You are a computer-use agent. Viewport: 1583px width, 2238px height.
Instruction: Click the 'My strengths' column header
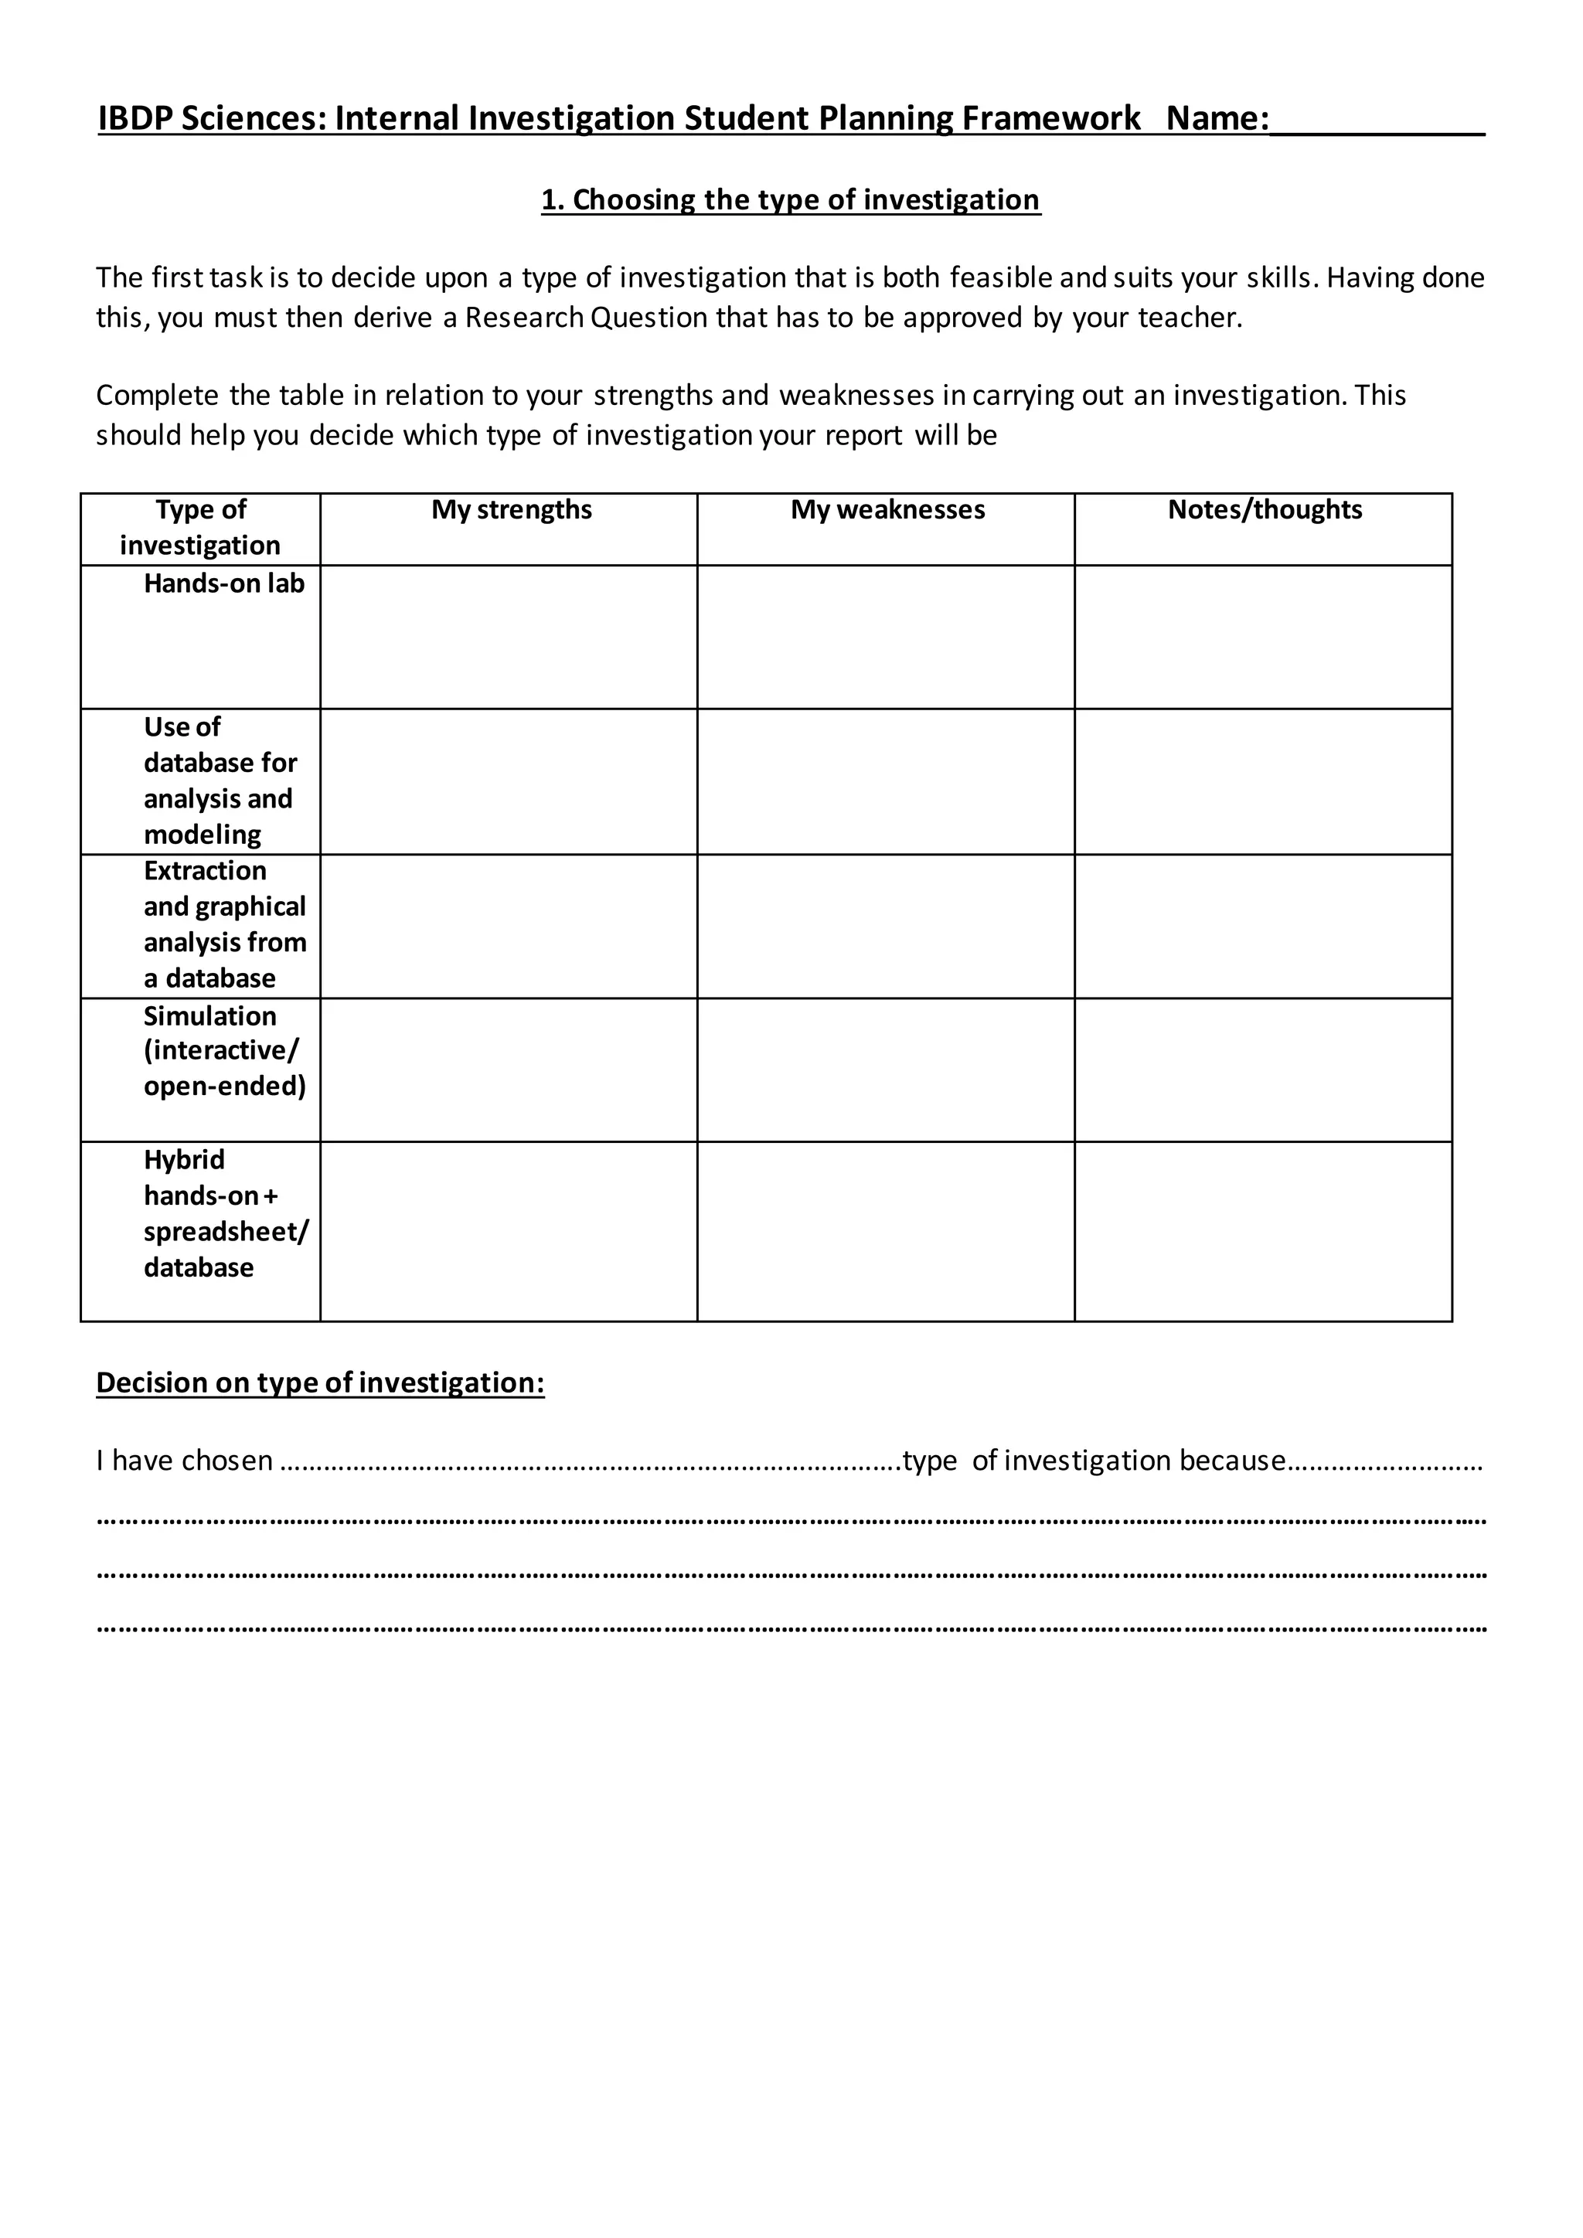click(x=511, y=510)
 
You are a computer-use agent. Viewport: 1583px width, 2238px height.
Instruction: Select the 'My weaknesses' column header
click(x=887, y=510)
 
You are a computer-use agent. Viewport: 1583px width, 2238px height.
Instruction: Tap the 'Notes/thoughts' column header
click(x=1265, y=510)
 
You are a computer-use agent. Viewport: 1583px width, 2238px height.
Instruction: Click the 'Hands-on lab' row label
click(x=224, y=584)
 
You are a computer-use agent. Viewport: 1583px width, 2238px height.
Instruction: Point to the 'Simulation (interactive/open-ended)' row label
click(x=224, y=1051)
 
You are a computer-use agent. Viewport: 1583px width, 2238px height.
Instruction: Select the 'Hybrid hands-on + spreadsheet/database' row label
click(x=224, y=1213)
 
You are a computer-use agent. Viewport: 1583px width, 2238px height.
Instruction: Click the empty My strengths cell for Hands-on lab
click(x=509, y=638)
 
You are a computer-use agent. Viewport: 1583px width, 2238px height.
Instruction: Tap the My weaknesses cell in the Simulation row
click(x=886, y=1070)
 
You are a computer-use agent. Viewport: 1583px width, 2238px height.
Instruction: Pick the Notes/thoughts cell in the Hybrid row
click(x=1263, y=1232)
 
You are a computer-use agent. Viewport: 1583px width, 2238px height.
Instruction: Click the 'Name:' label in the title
click(x=1217, y=119)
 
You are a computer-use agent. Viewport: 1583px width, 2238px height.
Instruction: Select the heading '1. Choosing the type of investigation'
click(x=791, y=200)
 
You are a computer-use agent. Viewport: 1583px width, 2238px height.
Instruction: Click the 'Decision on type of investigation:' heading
click(x=320, y=1383)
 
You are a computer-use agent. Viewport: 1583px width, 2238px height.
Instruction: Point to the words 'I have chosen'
click(x=184, y=1460)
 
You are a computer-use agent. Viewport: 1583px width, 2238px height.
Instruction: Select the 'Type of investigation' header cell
click(x=201, y=527)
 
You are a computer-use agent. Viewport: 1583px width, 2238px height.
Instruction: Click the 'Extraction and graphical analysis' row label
click(x=224, y=924)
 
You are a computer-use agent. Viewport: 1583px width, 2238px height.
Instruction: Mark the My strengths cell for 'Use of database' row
click(x=509, y=782)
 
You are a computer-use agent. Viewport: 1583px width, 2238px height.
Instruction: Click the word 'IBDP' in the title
click(x=134, y=119)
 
